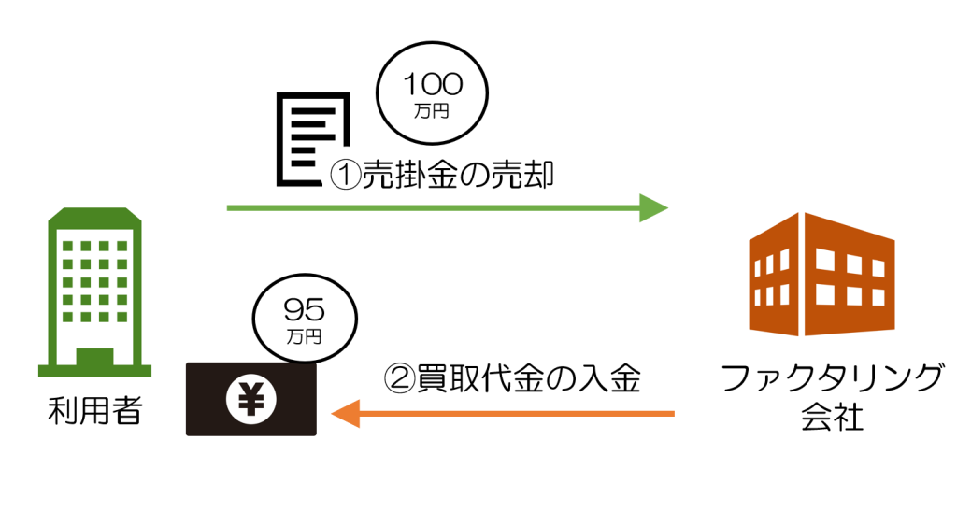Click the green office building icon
tap(94, 291)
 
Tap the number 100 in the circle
tap(432, 85)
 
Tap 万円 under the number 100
tap(432, 111)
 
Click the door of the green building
tap(93, 361)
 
